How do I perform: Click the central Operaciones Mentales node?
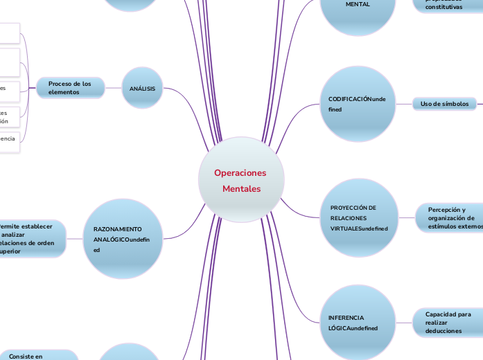[241, 180]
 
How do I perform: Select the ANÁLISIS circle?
[142, 89]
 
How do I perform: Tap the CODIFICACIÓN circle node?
[357, 105]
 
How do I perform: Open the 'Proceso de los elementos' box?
[71, 88]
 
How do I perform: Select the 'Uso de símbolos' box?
[445, 104]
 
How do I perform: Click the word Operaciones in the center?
[240, 172]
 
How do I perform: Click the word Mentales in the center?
[242, 189]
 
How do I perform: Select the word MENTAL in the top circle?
[358, 4]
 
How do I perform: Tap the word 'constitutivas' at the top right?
[444, 7]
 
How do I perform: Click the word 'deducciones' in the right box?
[444, 331]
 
